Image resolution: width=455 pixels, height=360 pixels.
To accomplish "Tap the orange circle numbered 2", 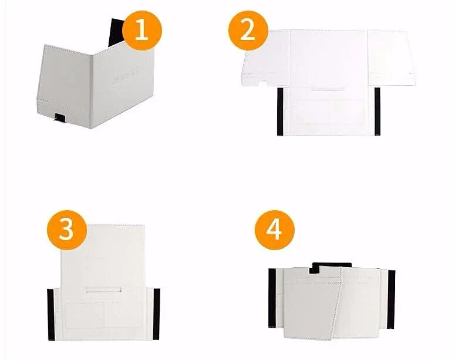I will click(247, 28).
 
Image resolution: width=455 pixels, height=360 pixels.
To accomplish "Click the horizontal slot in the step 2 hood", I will click(328, 90).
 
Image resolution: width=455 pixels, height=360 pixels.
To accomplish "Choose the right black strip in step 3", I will click(157, 314).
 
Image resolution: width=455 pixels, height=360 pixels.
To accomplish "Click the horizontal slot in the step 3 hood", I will click(103, 289).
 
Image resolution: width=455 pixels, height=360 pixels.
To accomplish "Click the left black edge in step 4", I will click(272, 298).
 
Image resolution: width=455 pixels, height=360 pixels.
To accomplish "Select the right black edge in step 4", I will click(391, 298).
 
